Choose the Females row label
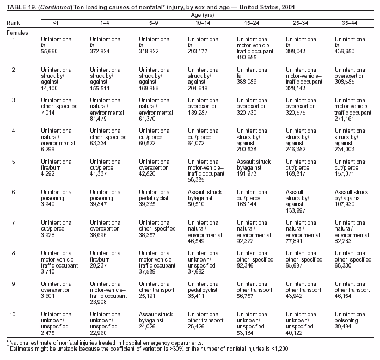[x=17, y=33]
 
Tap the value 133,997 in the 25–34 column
[x=296, y=210]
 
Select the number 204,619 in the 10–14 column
[x=198, y=88]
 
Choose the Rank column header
[x=13, y=23]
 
